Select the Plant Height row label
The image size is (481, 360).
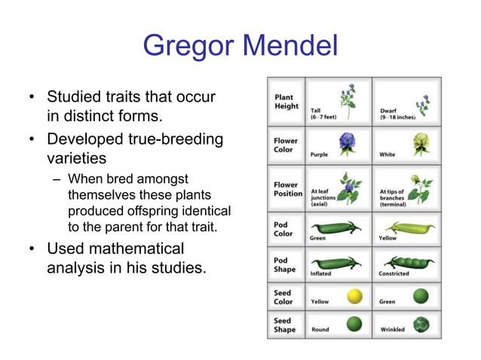pos(285,102)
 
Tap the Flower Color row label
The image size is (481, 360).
pos(286,145)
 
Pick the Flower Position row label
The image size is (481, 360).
pos(288,188)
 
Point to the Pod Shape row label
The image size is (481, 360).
pos(285,264)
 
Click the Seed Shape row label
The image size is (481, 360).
pos(285,325)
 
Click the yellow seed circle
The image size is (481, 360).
pos(354,296)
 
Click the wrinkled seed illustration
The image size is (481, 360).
pos(422,324)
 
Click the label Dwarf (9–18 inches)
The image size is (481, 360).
pos(397,114)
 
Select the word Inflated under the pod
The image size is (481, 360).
pos(320,274)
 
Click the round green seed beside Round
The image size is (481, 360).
pos(354,324)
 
